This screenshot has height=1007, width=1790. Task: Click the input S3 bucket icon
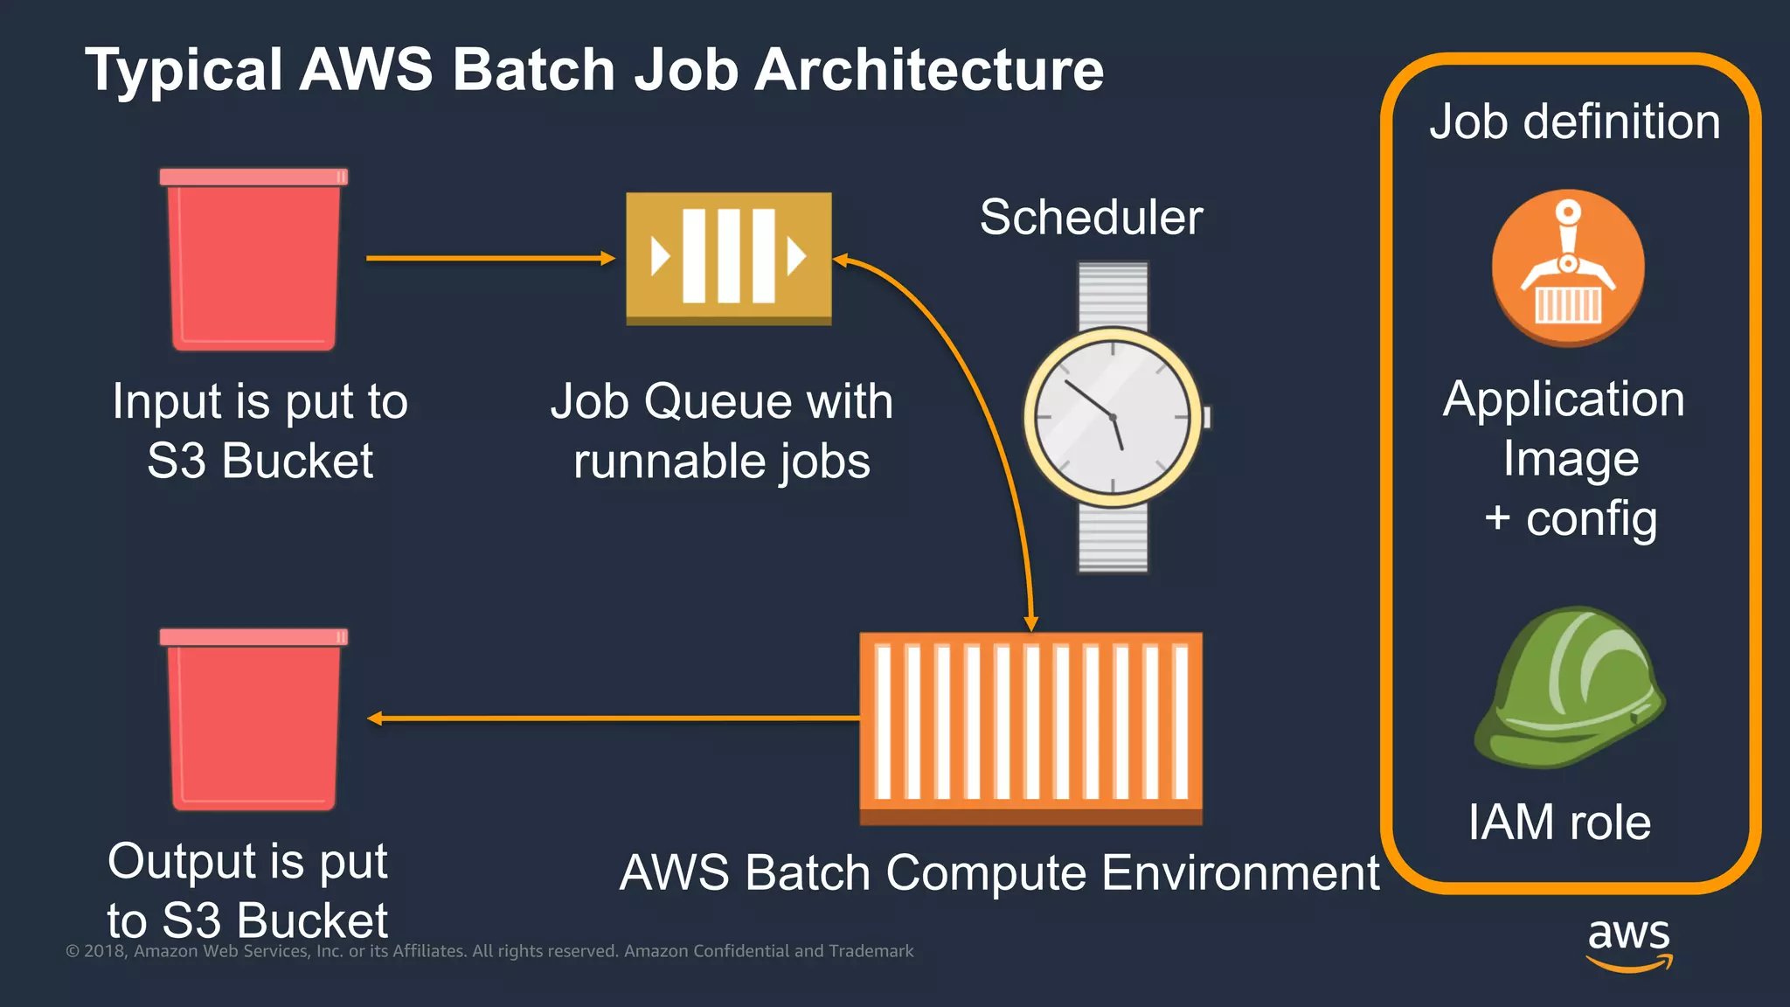pos(253,260)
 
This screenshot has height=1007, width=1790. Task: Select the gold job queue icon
pos(728,257)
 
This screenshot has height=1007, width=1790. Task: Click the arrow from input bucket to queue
pos(489,258)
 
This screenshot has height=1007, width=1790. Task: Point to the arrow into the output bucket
pos(612,719)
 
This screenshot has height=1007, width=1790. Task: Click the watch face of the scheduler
pos(1113,418)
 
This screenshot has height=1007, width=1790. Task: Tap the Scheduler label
pos(1091,217)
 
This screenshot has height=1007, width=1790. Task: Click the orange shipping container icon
pos(1030,726)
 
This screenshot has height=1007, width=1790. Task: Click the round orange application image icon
pos(1568,267)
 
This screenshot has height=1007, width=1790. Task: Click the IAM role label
pos(1559,823)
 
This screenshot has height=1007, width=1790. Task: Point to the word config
pos(1591,519)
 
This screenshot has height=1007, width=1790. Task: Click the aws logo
pos(1629,942)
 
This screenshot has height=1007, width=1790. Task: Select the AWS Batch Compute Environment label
pos(999,872)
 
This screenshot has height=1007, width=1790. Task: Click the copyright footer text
pos(489,951)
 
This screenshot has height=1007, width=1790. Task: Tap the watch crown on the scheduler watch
pos(1207,418)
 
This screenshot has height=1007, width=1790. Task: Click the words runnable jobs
pos(722,461)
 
